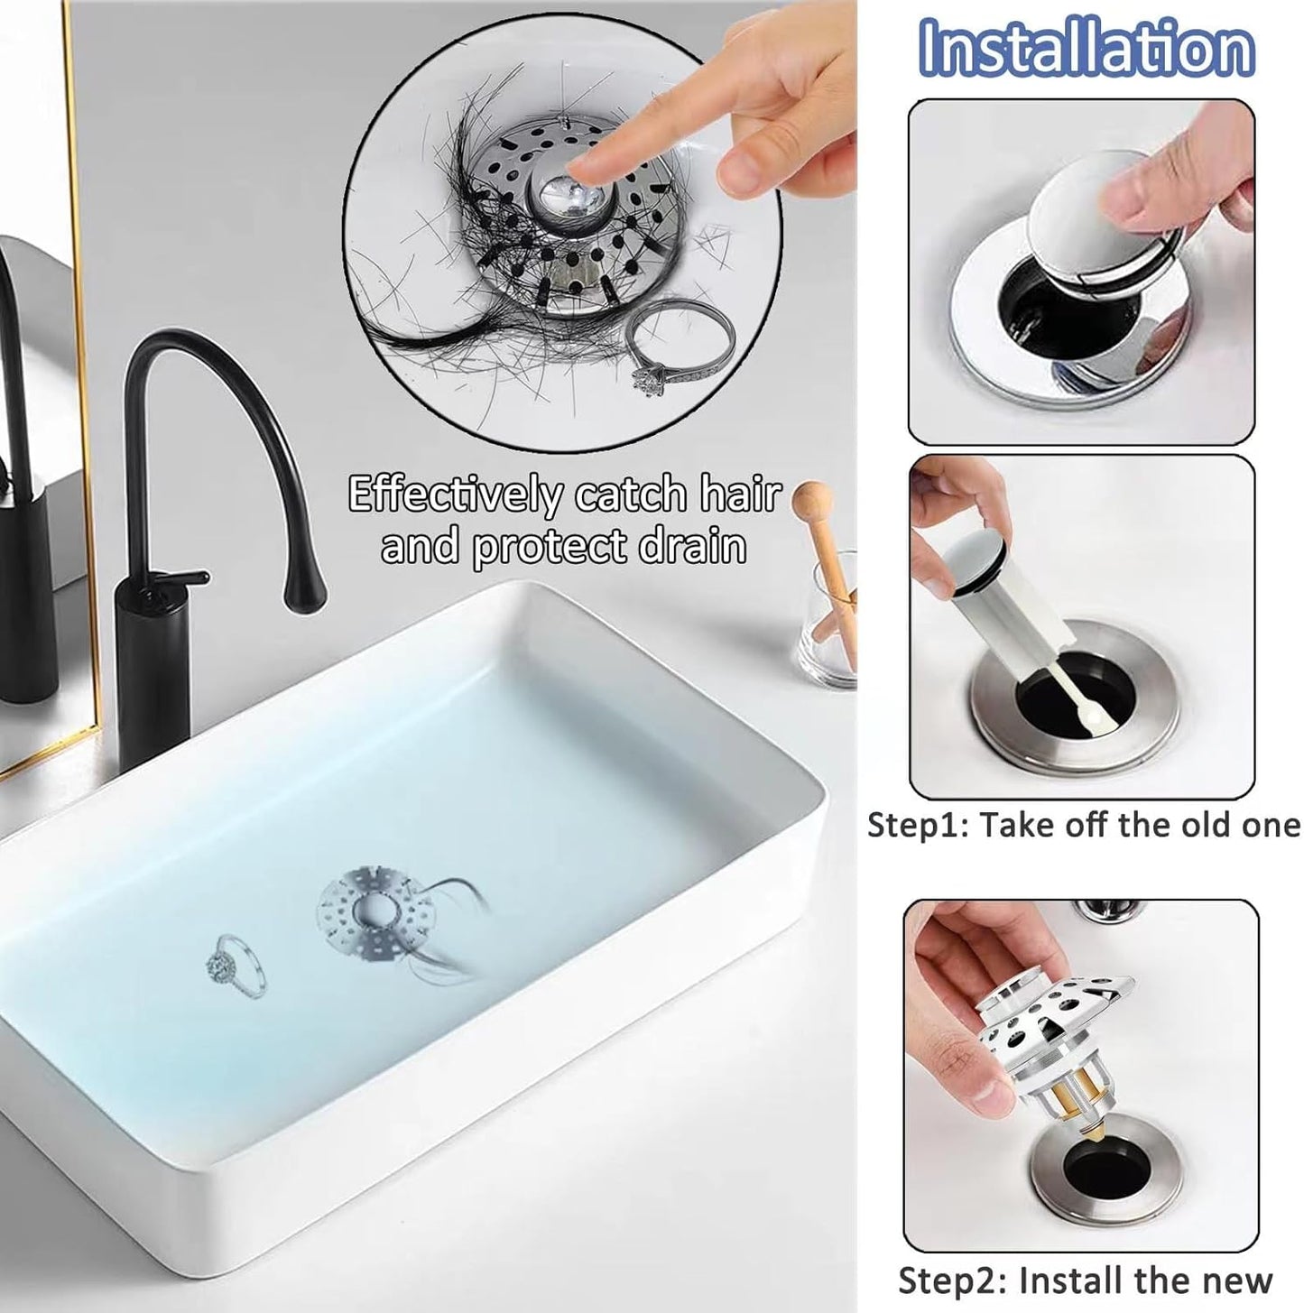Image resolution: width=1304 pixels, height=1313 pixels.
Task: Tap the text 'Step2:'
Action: tap(953, 1280)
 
